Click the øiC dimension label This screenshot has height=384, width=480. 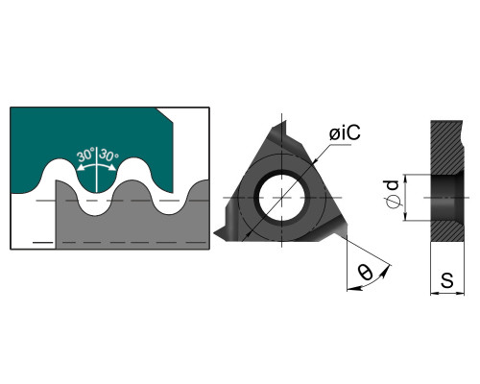click(x=345, y=132)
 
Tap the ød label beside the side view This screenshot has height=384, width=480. click(x=392, y=194)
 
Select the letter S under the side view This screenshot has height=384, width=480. click(x=447, y=280)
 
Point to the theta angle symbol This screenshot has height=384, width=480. click(x=366, y=272)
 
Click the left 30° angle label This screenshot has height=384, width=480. click(x=85, y=155)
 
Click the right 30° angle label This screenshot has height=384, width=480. click(x=108, y=155)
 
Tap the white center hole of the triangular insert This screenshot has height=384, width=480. click(x=281, y=198)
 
